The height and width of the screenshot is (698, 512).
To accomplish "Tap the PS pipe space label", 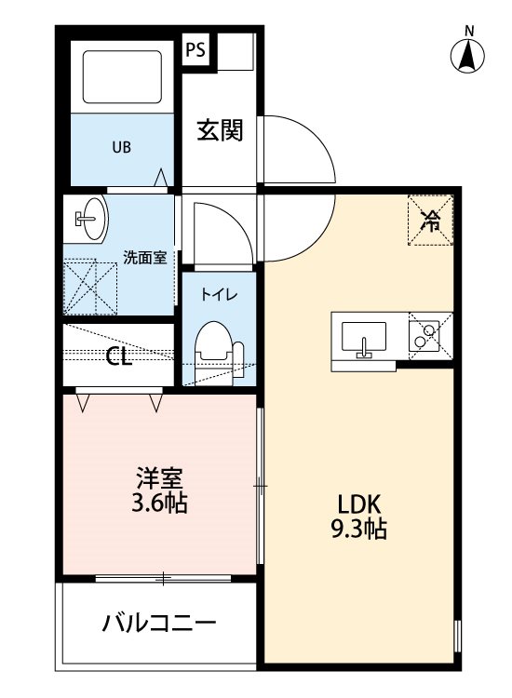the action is pos(195,49).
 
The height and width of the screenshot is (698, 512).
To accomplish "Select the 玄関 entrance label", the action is pos(221,130).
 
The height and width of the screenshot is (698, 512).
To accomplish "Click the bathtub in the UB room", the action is pos(122,76).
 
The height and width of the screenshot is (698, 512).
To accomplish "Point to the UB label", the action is pos(122,147).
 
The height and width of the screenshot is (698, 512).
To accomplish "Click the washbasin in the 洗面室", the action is pos(91,219).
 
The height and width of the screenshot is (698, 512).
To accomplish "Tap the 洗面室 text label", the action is pos(144,257).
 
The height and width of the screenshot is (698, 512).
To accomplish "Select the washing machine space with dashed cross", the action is pos(90,288).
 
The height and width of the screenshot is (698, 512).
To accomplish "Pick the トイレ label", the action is pos(219,294).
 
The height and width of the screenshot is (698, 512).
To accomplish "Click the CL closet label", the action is pos(119,356).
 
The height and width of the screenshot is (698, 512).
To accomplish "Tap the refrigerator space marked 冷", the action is pos(430,220).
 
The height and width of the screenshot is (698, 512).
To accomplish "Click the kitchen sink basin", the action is pos(364,337).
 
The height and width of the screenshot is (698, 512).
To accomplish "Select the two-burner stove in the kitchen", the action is pos(424,336).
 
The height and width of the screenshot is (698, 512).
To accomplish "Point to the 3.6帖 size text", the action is pos(159,503).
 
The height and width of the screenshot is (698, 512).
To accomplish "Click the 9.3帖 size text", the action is pos(358,530).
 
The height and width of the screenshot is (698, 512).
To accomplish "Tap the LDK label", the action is pos(358,504).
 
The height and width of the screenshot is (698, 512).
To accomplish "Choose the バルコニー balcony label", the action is pos(159,622).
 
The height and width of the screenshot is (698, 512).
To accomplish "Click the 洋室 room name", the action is pos(159,478).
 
